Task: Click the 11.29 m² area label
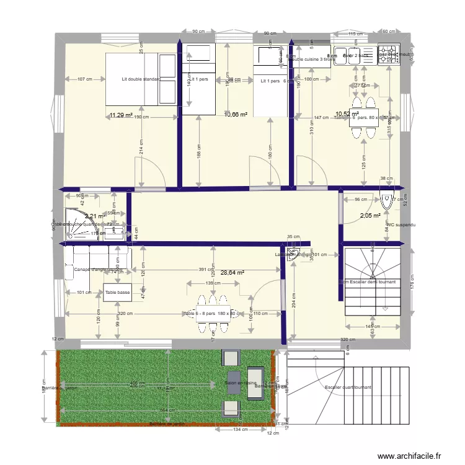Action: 121,115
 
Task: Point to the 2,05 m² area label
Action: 371,216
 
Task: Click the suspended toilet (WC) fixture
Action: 389,200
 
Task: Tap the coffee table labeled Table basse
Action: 117,292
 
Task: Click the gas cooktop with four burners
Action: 390,53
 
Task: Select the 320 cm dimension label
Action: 348,340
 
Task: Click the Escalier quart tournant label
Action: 348,387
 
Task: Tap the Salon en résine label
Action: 241,383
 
